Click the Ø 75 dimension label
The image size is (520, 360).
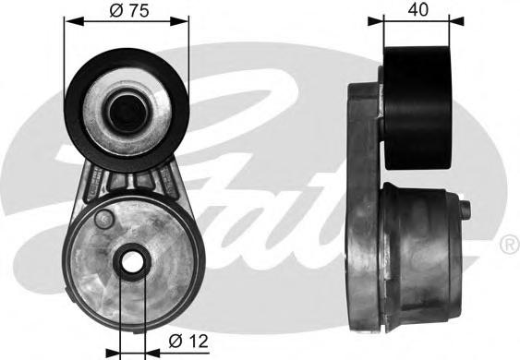pyautogui.click(x=129, y=10)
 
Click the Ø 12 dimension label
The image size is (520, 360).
pyautogui.click(x=188, y=341)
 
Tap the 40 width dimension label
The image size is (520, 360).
pyautogui.click(x=417, y=9)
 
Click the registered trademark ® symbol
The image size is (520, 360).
pyautogui.click(x=510, y=245)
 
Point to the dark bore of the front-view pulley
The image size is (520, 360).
pyautogui.click(x=127, y=112)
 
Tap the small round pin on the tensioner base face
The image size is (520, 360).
pyautogui.click(x=104, y=219)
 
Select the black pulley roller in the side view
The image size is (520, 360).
pyautogui.click(x=417, y=108)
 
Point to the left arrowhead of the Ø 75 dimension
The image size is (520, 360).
pyautogui.click(x=74, y=22)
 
